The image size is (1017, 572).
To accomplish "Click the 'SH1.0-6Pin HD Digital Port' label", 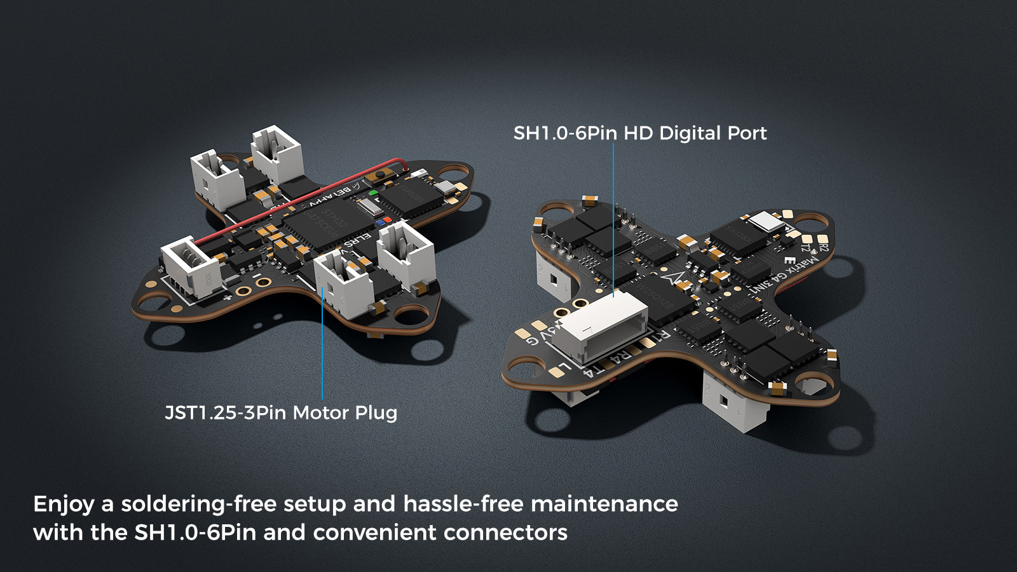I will click(639, 133).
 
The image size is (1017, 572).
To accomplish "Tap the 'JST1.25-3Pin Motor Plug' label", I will click(281, 413).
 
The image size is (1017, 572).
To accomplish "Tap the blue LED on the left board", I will click(379, 223).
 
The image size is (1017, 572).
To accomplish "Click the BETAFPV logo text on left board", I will click(332, 193).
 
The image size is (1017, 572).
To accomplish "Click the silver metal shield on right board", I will click(767, 221).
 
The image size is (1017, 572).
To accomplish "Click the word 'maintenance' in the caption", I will click(604, 504).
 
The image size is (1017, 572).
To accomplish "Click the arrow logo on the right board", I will click(676, 278).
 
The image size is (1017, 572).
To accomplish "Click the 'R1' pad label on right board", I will click(662, 335).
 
